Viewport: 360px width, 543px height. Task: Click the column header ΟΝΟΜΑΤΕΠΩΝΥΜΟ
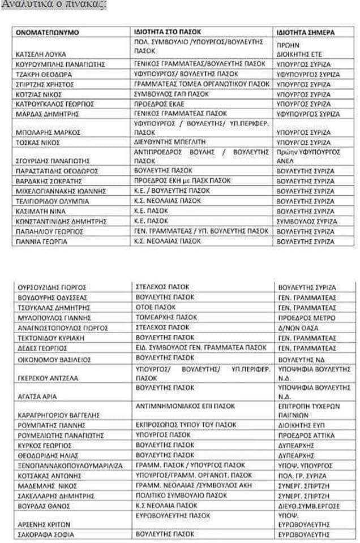(47, 32)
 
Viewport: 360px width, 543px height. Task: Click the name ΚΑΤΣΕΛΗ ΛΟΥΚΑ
(40, 54)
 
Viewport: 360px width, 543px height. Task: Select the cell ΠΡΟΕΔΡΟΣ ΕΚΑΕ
(160, 104)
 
